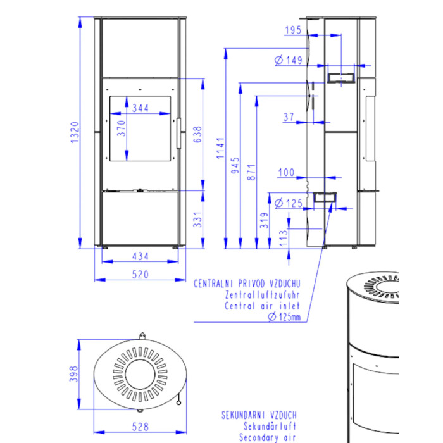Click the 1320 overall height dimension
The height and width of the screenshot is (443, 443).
[x=75, y=132]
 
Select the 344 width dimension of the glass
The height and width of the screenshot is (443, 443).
[x=140, y=108]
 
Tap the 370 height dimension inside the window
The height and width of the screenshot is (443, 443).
[x=122, y=128]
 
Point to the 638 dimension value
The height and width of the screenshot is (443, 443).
[x=197, y=134]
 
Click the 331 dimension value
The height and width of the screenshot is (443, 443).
[x=197, y=220]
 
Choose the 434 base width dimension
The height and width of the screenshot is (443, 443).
[x=140, y=256]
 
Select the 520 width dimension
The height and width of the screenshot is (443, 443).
[x=140, y=274]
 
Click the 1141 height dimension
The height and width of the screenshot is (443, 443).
[x=220, y=148]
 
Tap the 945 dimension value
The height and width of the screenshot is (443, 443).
[x=235, y=166]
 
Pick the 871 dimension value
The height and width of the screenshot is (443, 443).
[x=251, y=172]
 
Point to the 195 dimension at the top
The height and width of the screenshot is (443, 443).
[x=293, y=30]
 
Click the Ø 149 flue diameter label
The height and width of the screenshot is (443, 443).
[x=289, y=60]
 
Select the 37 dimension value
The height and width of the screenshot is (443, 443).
[x=289, y=116]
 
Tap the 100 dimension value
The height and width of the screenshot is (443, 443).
[x=286, y=172]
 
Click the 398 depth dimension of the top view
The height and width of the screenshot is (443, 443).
[x=73, y=374]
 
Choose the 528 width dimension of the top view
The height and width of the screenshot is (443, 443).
[x=140, y=427]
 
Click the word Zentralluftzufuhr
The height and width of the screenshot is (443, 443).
[x=262, y=295]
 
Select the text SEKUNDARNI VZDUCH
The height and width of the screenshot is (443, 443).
[x=259, y=415]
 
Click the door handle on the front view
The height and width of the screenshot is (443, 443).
[x=179, y=133]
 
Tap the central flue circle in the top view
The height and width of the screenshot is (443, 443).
[x=140, y=375]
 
